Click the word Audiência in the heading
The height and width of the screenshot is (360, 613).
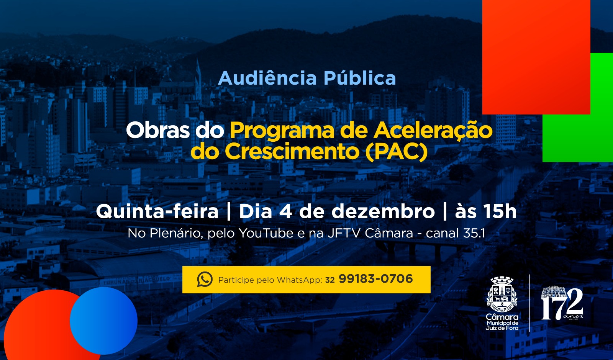point(267,78)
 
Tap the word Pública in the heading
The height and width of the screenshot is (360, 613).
point(359,78)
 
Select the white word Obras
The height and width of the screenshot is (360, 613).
point(157,131)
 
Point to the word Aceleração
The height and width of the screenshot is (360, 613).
point(433,131)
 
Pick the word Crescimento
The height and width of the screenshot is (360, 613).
point(292,152)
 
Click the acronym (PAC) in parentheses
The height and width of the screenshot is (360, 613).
point(396,152)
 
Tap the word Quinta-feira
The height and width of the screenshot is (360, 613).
point(157,211)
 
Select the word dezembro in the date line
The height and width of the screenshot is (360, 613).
point(383,211)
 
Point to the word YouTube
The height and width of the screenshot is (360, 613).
point(266,233)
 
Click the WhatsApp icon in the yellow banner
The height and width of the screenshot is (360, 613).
point(205,280)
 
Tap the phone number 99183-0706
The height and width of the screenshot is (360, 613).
point(375,279)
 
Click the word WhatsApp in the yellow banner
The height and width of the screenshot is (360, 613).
point(299,280)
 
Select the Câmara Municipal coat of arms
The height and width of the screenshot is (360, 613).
point(502,294)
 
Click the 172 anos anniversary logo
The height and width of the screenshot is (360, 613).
point(562,304)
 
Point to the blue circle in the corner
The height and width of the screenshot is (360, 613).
point(103,320)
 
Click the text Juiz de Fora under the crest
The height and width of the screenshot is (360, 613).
point(502,328)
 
